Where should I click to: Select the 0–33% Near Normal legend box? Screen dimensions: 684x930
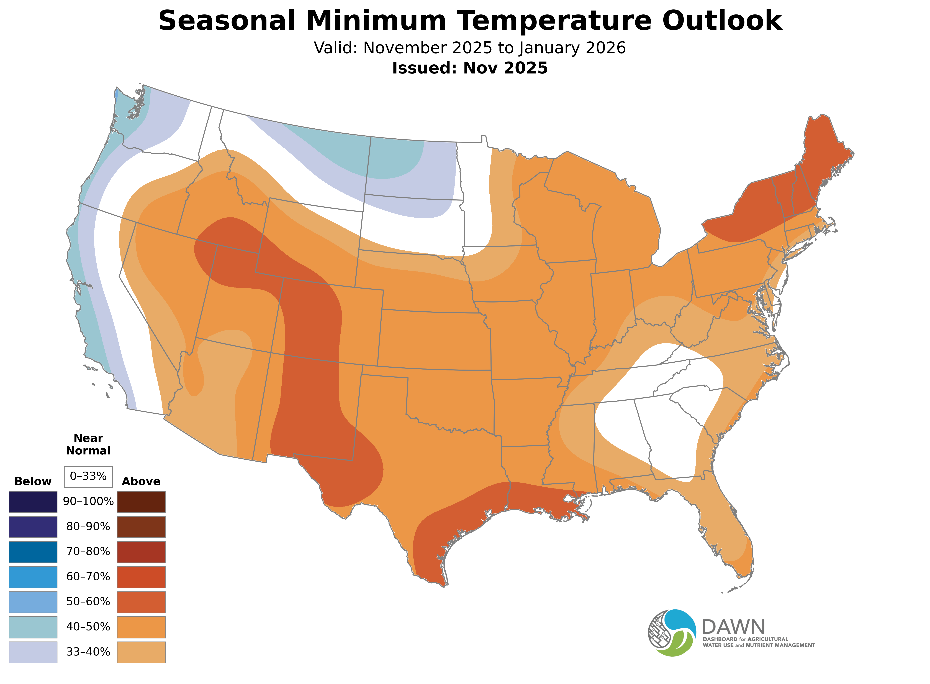[x=88, y=477]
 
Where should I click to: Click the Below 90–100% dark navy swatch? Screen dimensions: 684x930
[x=33, y=502]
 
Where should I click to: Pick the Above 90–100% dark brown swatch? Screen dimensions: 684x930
[x=141, y=502]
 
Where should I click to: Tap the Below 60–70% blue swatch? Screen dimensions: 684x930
[x=33, y=577]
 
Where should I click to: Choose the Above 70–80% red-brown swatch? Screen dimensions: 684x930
[x=141, y=552]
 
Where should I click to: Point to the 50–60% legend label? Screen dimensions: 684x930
[x=88, y=602]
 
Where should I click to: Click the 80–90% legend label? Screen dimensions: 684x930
[x=88, y=527]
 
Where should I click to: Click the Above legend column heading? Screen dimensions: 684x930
[x=141, y=482]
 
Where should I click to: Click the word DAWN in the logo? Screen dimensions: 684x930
[x=733, y=627]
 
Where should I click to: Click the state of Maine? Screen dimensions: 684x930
[x=823, y=157]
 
